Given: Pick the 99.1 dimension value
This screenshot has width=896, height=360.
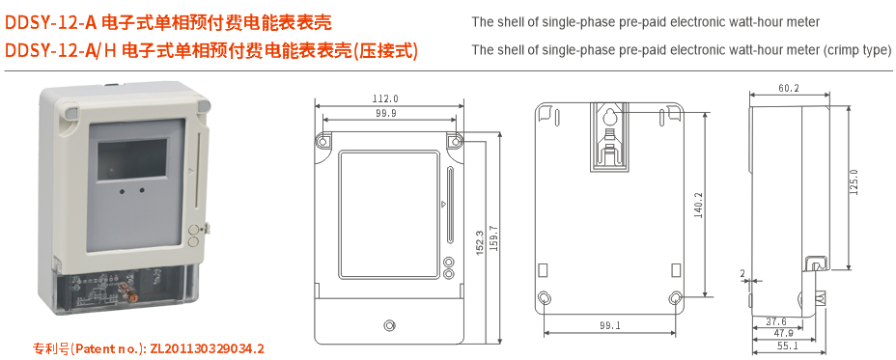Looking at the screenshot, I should point(609,326).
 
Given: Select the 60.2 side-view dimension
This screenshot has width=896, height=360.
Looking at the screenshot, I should point(788,88).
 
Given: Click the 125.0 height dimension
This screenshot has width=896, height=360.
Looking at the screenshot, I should point(854,182).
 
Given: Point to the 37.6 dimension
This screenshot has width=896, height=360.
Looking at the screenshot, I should point(775,321).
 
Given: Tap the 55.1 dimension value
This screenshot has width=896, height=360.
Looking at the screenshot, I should point(788,346).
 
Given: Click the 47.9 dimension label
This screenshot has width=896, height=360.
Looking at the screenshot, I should point(783,333).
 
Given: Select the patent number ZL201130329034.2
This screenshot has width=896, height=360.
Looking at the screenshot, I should point(207,347).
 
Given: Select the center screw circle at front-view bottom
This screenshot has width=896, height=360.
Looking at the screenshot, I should point(389,324).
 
